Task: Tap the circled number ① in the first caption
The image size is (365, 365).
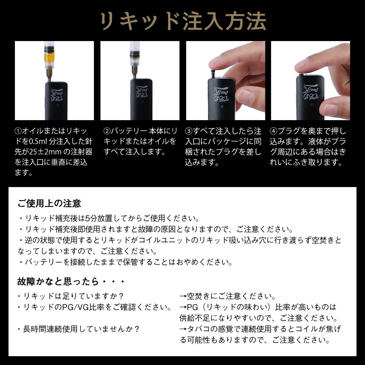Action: click(18, 131)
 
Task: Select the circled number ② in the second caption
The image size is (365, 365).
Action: click(107, 131)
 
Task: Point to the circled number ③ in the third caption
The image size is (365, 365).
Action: click(189, 131)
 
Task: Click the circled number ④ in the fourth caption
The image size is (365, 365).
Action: click(273, 131)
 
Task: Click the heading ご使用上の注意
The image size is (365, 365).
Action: click(50, 203)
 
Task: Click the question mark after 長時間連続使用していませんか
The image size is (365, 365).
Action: click(136, 329)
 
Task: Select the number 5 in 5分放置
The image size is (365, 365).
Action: click(87, 219)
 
